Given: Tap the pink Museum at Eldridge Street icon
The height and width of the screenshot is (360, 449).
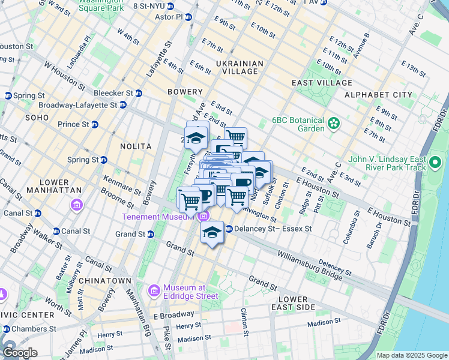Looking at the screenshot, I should click(x=154, y=291).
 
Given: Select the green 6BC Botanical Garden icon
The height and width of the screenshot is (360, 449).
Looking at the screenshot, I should click(x=333, y=124).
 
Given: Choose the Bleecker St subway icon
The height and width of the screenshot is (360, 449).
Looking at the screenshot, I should click(x=139, y=93).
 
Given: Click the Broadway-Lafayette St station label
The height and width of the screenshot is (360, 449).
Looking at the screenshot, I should click(x=83, y=105).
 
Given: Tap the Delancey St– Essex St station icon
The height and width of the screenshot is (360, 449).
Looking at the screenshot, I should click(x=229, y=229).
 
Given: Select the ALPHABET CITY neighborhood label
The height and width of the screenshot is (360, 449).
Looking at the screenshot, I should click(x=378, y=95).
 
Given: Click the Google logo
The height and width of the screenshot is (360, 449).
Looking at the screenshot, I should click(x=19, y=353).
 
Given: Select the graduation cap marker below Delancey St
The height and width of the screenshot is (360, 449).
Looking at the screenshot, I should click(x=211, y=232).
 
